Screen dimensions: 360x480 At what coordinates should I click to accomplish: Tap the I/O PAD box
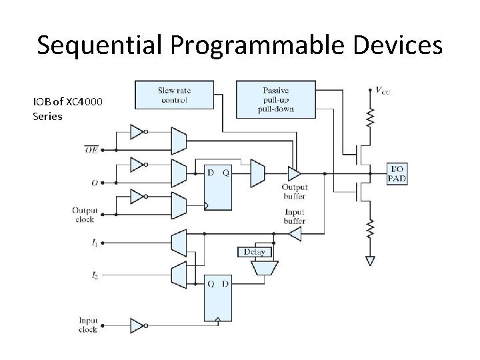pos(398,173)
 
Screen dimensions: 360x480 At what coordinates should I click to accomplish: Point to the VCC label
pos(381,89)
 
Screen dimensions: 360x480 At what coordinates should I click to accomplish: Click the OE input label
pos(91,151)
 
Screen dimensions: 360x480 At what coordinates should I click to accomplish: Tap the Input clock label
pos(88,325)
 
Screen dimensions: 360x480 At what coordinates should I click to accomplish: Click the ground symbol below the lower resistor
pos(370,261)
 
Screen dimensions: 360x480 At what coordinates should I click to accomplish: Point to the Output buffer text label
pos(294,191)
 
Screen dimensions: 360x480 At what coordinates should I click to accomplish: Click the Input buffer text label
pos(294,217)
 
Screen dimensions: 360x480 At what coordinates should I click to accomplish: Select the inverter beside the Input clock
pos(137,325)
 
